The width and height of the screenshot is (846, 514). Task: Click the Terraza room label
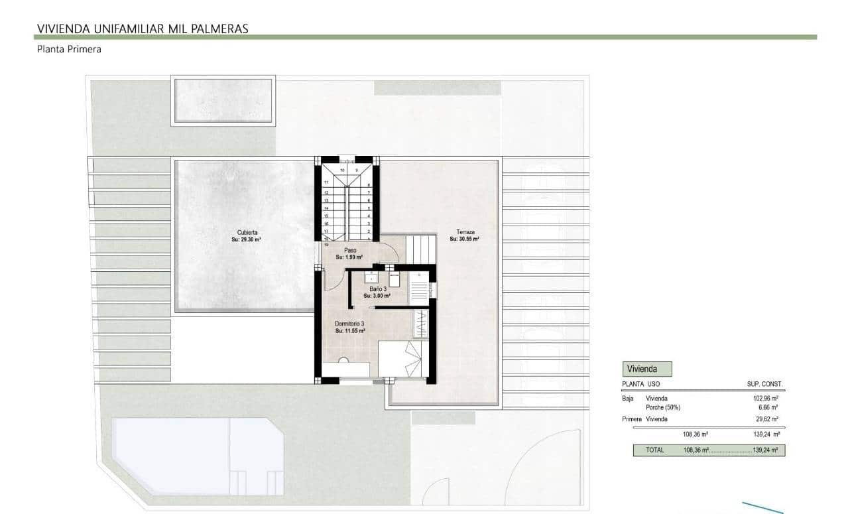[465, 232]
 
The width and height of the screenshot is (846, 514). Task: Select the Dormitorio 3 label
[349, 323]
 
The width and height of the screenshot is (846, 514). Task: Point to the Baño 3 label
[378, 289]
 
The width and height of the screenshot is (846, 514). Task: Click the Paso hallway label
[350, 250]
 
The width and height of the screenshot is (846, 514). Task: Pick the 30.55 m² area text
[465, 239]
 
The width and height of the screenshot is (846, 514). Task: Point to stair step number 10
[343, 170]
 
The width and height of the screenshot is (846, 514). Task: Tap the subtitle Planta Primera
[69, 49]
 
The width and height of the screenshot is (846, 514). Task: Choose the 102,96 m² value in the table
[764, 398]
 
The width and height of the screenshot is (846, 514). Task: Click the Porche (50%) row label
[663, 407]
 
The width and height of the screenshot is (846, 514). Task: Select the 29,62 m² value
[766, 419]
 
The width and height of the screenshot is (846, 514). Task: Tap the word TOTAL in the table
[654, 450]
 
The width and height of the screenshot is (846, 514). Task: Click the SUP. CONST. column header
[764, 384]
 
